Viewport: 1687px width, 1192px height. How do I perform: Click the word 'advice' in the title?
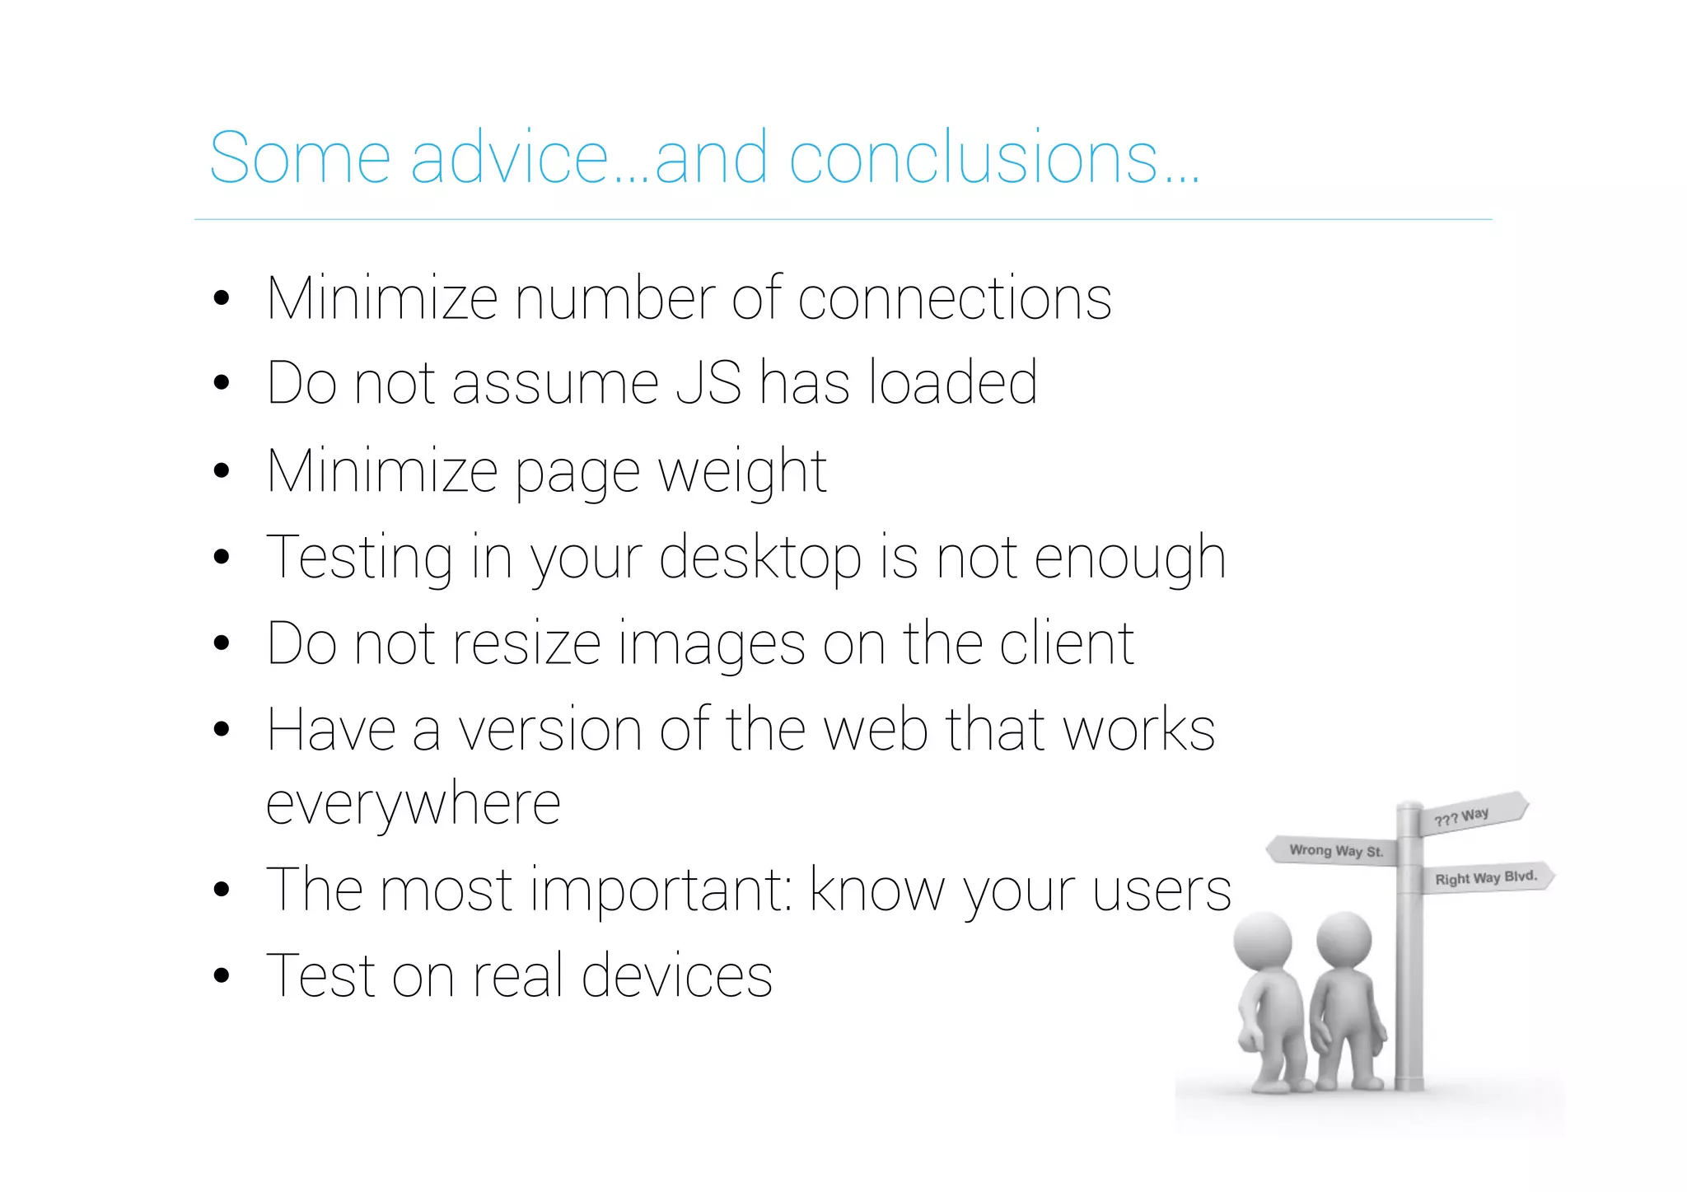click(509, 157)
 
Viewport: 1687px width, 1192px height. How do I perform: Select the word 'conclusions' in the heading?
click(974, 157)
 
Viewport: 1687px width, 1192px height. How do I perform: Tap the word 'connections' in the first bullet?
click(954, 298)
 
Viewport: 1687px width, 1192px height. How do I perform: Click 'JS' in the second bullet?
click(708, 383)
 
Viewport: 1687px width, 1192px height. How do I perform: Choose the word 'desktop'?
click(760, 559)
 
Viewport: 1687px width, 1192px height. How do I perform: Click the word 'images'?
click(712, 644)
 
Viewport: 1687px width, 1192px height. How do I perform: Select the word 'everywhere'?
click(414, 804)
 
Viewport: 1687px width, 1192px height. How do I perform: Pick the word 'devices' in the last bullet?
click(677, 976)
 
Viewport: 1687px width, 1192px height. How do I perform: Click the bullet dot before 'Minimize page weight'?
click(221, 471)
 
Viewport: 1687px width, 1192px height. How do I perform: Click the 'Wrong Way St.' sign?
click(1334, 851)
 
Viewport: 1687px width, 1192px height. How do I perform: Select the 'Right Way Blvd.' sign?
click(1486, 877)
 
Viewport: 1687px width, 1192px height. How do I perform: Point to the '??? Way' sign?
click(1466, 816)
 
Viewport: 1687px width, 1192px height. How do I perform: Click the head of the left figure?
click(1264, 942)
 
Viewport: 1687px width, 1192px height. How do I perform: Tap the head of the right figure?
click(1344, 940)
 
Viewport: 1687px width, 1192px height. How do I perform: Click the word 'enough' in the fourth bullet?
click(1129, 559)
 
